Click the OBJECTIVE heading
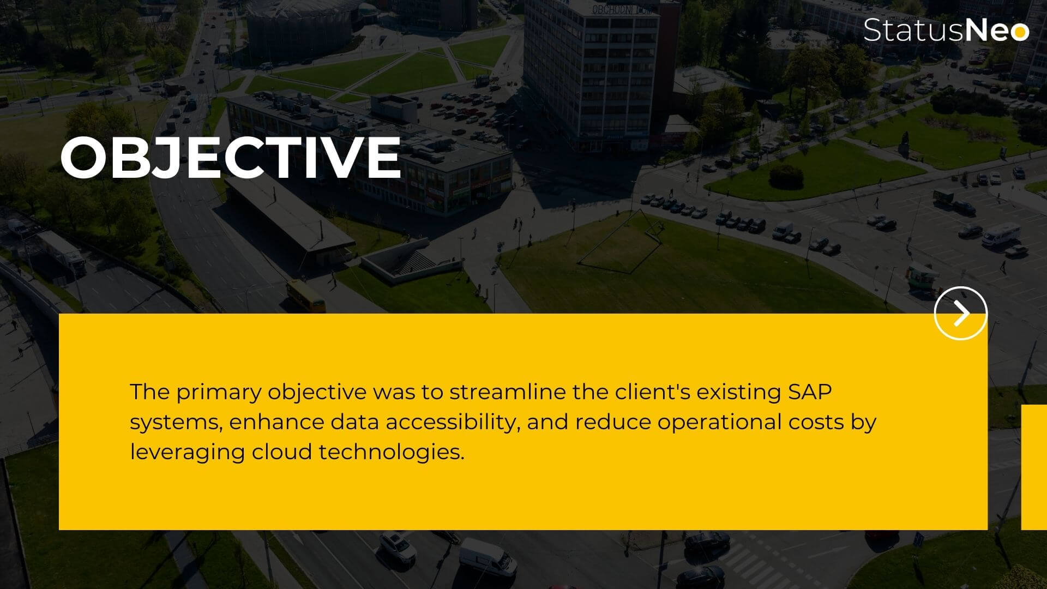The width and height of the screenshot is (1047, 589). coord(231,157)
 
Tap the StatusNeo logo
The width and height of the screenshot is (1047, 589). coord(946,29)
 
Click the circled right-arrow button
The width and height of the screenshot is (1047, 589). coord(960,313)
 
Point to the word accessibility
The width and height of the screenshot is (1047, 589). coord(449,423)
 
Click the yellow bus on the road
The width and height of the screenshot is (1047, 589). coord(306,296)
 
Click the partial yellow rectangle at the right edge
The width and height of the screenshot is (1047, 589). coord(1034,467)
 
